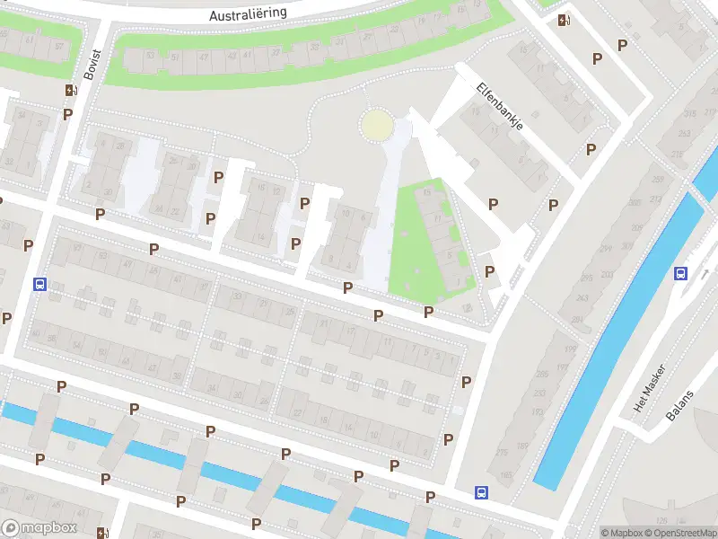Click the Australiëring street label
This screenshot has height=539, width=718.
[247, 15]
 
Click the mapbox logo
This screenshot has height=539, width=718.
[39, 528]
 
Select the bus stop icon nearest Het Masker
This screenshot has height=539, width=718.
[680, 274]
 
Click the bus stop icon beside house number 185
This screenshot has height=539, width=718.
[482, 491]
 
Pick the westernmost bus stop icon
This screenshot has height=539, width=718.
[39, 284]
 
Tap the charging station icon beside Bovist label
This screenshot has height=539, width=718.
[70, 90]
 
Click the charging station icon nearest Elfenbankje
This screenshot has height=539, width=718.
[563, 21]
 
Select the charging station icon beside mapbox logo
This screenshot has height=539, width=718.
[103, 533]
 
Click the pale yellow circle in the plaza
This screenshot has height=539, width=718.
[376, 125]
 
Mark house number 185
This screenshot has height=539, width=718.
[505, 474]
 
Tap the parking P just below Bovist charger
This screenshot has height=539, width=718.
[67, 114]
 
